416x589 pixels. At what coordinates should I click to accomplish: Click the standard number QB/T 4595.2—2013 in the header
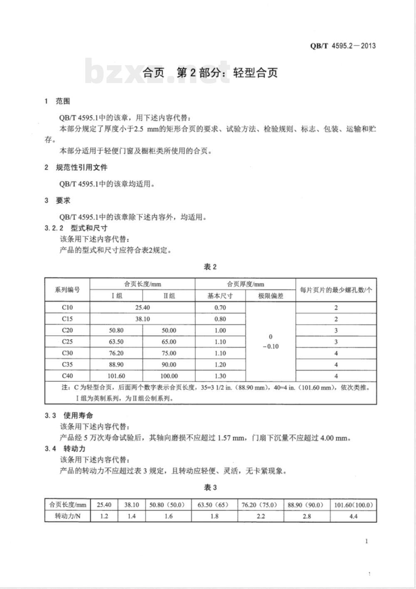coord(343,46)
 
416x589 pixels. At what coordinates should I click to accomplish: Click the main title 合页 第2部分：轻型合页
coord(210,73)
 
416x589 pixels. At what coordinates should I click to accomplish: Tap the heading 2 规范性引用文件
coord(76,167)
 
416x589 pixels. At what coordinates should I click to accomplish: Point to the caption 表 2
coord(210,267)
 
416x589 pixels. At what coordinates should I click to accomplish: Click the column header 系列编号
coord(67,290)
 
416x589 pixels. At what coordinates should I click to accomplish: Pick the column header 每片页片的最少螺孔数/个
coord(336,290)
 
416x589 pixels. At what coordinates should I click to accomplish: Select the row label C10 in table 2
coord(67,307)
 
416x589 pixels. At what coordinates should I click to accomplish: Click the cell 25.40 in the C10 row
coord(142,307)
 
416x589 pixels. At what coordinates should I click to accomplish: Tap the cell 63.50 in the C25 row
coord(116,342)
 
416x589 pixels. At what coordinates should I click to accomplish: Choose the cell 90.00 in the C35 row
coord(168,365)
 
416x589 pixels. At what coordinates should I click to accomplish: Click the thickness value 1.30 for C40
coord(220,376)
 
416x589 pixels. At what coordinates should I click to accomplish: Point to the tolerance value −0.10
coord(271,346)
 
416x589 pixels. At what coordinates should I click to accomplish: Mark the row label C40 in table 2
coord(67,376)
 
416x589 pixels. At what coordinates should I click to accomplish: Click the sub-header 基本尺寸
coord(220,296)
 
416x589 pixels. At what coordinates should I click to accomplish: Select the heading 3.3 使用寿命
coord(69,415)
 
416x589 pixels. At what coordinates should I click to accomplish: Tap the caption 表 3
coord(210,488)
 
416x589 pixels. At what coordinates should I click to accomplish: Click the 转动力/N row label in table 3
coord(68,516)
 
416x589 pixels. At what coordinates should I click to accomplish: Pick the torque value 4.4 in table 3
coord(353,516)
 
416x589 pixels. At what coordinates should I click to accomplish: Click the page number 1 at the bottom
coord(366,541)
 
